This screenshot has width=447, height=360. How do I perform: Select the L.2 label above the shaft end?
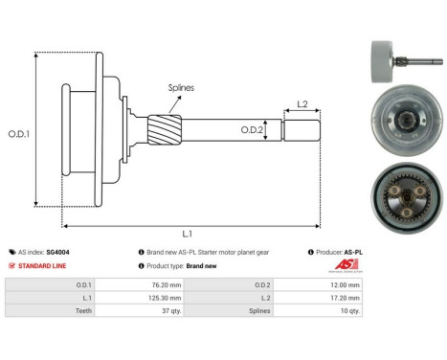pyautogui.click(x=302, y=103)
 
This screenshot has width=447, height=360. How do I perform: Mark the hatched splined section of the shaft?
pyautogui.click(x=162, y=126)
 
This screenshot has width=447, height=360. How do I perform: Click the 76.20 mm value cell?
pyautogui.click(x=154, y=284)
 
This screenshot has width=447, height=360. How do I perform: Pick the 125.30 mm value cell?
pyautogui.click(x=152, y=298)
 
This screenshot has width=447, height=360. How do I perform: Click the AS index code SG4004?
pyautogui.click(x=57, y=252)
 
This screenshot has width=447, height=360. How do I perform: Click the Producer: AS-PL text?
pyautogui.click(x=344, y=252)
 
